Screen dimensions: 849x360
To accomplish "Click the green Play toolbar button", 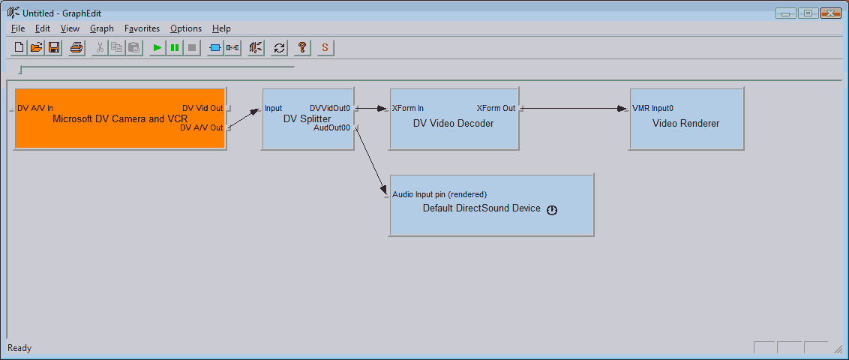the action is tap(157, 48).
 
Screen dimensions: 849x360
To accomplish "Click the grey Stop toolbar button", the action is tap(192, 48).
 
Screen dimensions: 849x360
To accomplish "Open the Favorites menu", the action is tap(142, 28).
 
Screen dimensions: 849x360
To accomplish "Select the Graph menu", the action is tap(102, 28).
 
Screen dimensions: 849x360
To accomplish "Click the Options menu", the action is tap(186, 28).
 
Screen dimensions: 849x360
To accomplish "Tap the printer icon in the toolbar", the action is tap(76, 48).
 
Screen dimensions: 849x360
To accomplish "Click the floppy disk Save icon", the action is tap(54, 48).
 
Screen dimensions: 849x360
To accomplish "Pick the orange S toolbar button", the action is tap(325, 48).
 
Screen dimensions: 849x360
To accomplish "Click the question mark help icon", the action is tap(302, 48).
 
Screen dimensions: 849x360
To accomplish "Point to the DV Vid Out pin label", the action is tap(202, 108).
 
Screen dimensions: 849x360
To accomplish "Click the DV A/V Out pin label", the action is tap(202, 127).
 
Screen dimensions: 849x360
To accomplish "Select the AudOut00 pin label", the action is tap(332, 127).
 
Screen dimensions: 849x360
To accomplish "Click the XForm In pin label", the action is tap(408, 108).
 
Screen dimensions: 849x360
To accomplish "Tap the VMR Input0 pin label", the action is tap(653, 108).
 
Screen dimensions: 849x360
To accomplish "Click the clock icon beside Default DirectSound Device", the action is tap(552, 210).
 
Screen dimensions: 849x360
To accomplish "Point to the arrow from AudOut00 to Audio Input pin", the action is tap(371, 161).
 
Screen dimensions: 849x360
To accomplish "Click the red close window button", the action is tap(830, 13).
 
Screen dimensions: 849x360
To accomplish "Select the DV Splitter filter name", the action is tap(307, 118).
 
